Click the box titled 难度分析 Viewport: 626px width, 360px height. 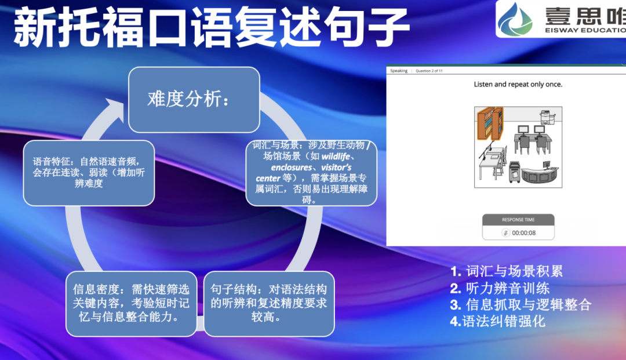(194, 100)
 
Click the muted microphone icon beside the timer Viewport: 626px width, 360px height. (505, 232)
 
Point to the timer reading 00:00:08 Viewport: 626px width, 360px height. (524, 232)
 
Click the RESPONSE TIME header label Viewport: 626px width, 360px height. (518, 220)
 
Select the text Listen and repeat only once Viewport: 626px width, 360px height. (518, 85)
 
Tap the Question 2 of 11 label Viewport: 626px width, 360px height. (429, 71)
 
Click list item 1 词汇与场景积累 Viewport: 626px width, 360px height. (506, 271)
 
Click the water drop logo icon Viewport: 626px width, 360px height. (514, 18)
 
